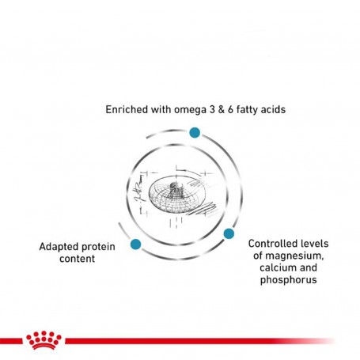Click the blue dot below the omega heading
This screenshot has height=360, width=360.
(x=195, y=132)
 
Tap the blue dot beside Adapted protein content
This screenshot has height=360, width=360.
(x=135, y=244)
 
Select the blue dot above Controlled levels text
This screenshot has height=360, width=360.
(x=229, y=233)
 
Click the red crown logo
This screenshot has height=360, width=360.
(x=44, y=339)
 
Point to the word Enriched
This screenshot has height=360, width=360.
(x=127, y=109)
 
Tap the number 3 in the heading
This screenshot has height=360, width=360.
(x=212, y=109)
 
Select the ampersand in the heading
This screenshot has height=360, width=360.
(x=221, y=109)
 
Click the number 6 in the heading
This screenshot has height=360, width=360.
(x=230, y=109)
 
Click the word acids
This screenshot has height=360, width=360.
(x=273, y=109)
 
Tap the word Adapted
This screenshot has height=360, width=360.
(x=59, y=248)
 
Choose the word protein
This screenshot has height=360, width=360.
(x=98, y=248)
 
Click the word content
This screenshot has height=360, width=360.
(x=77, y=259)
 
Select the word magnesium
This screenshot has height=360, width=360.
(x=294, y=256)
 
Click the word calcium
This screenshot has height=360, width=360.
(x=275, y=267)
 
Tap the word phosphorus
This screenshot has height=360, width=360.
(x=288, y=280)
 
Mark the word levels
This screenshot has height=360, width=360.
(x=313, y=244)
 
